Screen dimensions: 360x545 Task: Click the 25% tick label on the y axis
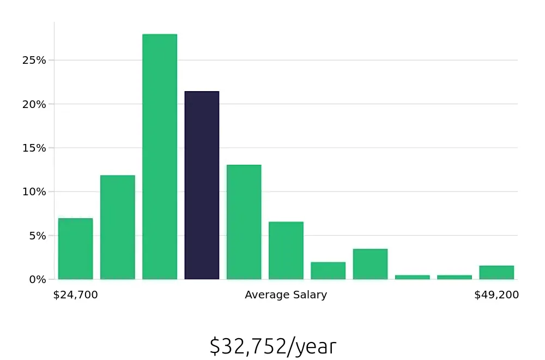click(x=34, y=60)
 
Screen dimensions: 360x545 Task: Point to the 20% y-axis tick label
click(x=34, y=104)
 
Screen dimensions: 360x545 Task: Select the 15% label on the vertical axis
click(x=34, y=148)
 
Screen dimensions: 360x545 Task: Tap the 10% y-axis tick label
click(x=34, y=192)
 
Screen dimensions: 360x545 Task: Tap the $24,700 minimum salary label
click(x=75, y=295)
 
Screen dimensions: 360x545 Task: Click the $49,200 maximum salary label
click(x=496, y=295)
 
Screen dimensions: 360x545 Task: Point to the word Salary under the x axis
click(x=308, y=295)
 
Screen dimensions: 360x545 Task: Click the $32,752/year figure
click(x=272, y=346)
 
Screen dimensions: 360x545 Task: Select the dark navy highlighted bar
click(x=202, y=185)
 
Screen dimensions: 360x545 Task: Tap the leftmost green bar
click(x=75, y=249)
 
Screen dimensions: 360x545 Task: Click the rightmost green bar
click(x=496, y=272)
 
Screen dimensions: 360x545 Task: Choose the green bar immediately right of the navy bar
click(x=244, y=222)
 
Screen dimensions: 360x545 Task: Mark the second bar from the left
click(x=118, y=227)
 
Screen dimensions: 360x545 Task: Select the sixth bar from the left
click(x=286, y=250)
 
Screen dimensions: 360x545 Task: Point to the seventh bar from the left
click(x=328, y=271)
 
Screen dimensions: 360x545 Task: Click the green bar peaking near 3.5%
click(x=370, y=264)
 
